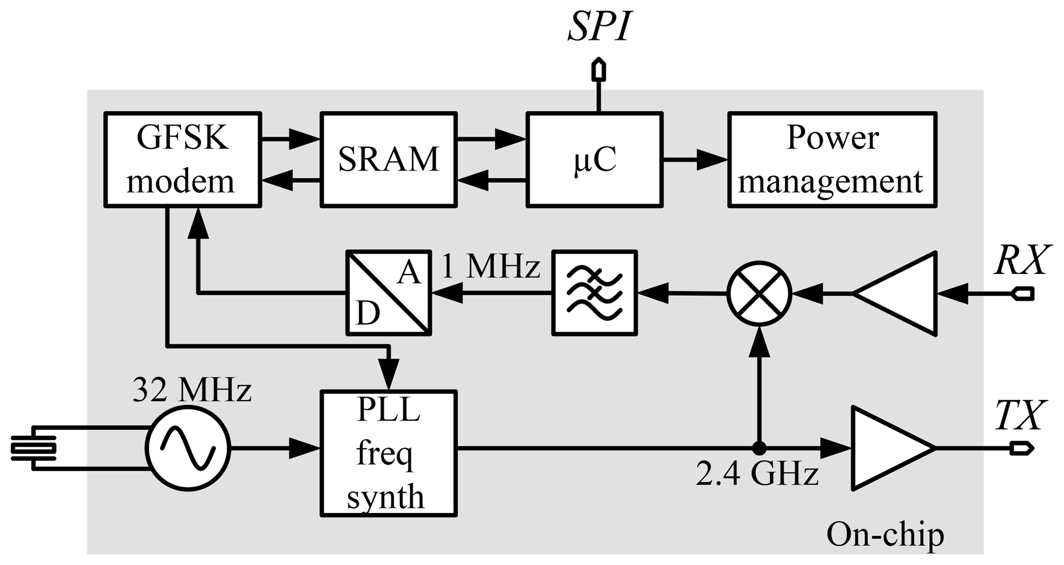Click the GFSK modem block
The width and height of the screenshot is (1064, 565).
[182, 160]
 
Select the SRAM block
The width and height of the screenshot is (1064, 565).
[389, 160]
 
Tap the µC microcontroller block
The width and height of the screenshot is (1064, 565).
[595, 160]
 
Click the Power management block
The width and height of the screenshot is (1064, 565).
[832, 160]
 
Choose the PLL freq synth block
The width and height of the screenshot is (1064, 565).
[389, 453]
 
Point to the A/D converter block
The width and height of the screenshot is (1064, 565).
[389, 293]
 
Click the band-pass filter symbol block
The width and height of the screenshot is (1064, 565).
[595, 293]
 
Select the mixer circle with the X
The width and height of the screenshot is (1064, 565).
[759, 294]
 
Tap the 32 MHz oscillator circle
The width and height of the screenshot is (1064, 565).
[188, 449]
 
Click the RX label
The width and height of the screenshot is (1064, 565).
[1021, 261]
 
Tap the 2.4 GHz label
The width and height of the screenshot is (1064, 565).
[757, 474]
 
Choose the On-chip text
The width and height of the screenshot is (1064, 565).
[885, 535]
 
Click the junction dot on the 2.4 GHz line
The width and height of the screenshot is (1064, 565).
[759, 449]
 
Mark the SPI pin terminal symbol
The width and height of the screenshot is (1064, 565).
[598, 71]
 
